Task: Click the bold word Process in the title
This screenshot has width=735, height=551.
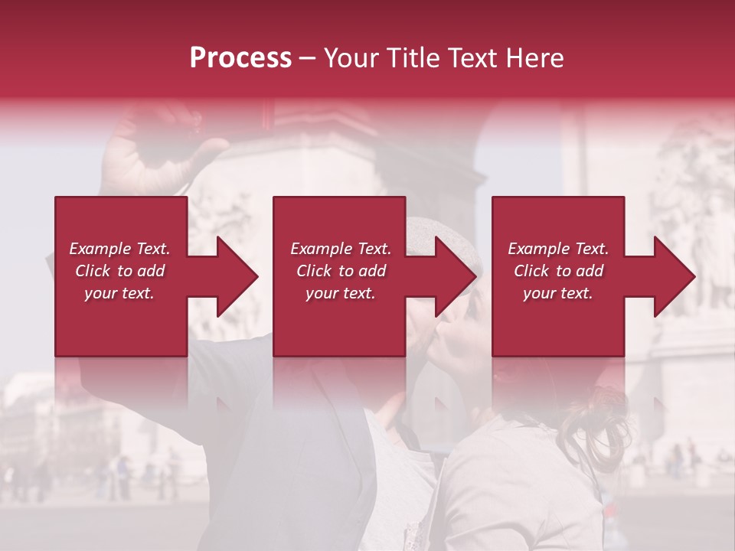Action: [x=240, y=58]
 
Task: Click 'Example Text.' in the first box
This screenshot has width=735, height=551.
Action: [x=119, y=249]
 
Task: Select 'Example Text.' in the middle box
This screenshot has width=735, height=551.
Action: [x=340, y=249]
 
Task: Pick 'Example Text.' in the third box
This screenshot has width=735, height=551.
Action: [x=558, y=249]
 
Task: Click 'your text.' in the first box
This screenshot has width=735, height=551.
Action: [x=119, y=293]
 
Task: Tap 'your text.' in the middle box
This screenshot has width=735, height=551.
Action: [x=340, y=293]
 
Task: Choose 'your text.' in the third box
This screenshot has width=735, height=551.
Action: [x=558, y=293]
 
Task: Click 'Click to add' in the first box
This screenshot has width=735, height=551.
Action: [x=119, y=271]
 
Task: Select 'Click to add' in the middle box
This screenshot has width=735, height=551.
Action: [x=340, y=271]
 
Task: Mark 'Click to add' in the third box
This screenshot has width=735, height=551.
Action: [x=558, y=271]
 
